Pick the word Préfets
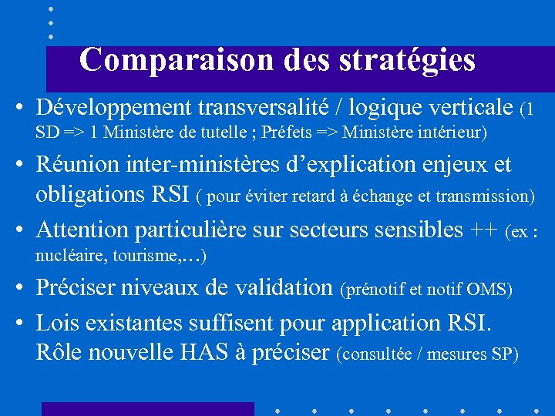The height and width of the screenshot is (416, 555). click(287, 133)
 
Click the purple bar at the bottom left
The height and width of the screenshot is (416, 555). click(147, 408)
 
